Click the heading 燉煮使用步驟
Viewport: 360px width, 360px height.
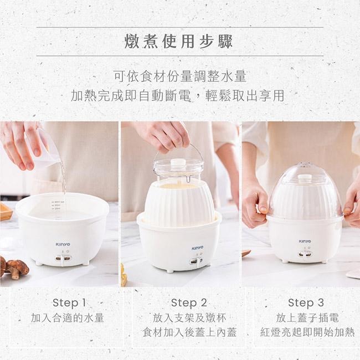point(179,42)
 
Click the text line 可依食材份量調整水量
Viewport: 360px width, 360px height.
point(179,75)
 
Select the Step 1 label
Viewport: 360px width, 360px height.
point(69,303)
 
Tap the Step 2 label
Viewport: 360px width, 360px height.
point(189,303)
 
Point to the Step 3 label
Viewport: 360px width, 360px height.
point(306,303)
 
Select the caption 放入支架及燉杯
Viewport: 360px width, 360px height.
point(189,318)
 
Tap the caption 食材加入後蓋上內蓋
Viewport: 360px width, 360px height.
point(189,332)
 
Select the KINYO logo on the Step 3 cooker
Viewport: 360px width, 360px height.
point(305,241)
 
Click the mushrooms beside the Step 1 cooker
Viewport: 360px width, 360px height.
point(14,268)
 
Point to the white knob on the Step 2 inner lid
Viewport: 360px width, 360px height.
point(178,163)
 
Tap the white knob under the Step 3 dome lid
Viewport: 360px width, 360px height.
point(305,178)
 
